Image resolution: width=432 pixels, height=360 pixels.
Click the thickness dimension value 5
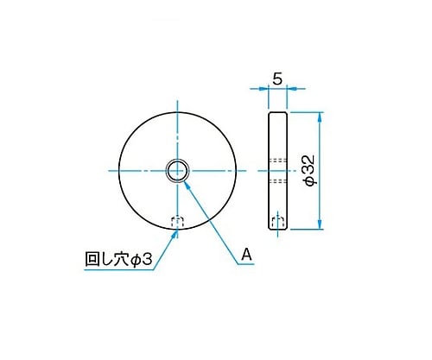click(x=277, y=79)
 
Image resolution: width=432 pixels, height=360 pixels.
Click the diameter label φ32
click(x=310, y=170)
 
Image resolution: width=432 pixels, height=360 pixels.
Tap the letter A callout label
click(x=246, y=255)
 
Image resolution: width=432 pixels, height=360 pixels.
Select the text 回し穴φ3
click(x=118, y=259)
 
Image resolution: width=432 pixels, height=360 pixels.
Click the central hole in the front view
click(x=177, y=171)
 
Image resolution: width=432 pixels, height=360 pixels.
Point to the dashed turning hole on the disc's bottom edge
click(x=177, y=223)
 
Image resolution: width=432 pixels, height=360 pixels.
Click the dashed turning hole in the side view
click(x=278, y=223)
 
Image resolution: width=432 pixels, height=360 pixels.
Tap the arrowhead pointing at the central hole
click(x=187, y=186)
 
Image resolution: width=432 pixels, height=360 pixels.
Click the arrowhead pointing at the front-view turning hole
click(x=174, y=235)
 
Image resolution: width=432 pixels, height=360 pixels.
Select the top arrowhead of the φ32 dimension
click(x=319, y=117)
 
